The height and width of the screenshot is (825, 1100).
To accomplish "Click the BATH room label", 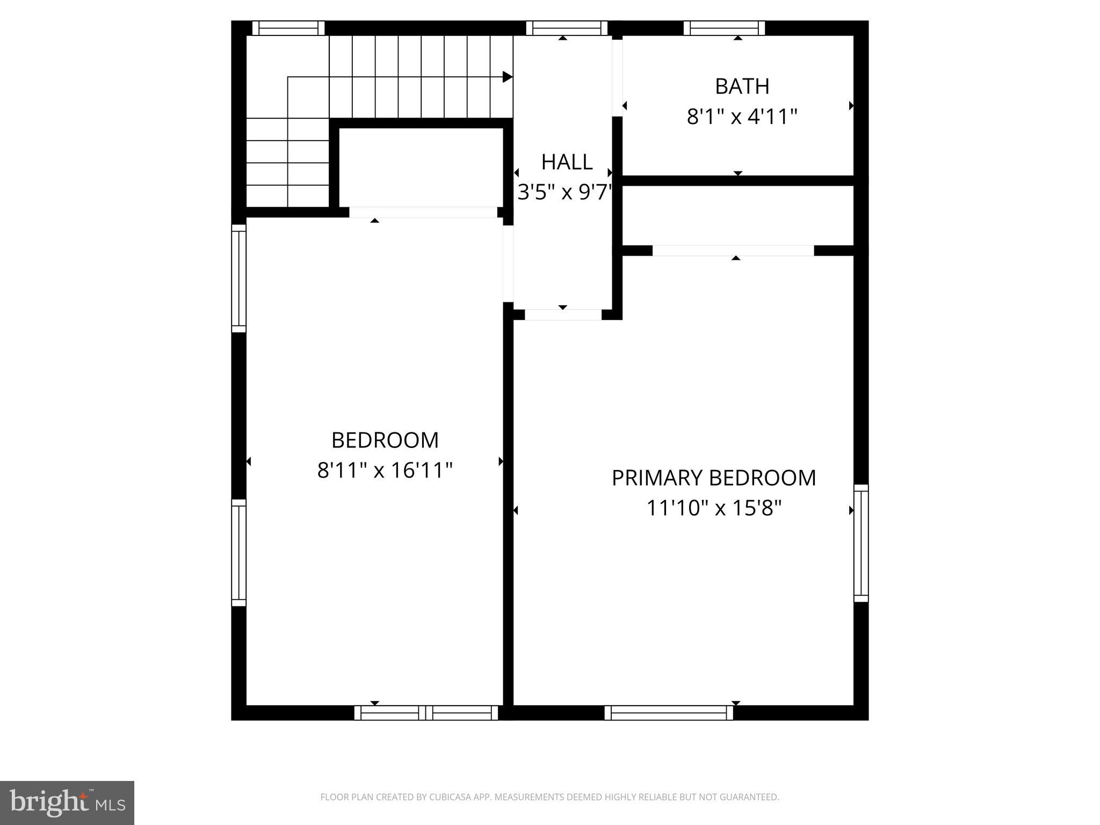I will click(742, 86).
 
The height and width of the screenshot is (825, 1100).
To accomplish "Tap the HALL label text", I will click(567, 162).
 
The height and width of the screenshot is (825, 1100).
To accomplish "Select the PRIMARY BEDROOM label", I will click(713, 478).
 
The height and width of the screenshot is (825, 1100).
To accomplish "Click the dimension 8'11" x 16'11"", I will click(385, 471).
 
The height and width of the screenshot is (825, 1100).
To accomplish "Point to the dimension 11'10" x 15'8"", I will click(713, 508).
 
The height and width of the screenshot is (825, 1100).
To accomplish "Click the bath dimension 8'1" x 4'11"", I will click(742, 117).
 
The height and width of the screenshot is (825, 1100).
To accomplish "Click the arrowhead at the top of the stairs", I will click(507, 77).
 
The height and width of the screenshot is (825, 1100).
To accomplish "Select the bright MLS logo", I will click(67, 802).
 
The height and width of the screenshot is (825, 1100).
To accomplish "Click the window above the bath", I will click(724, 28).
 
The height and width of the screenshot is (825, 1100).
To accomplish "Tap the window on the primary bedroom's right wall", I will click(861, 543).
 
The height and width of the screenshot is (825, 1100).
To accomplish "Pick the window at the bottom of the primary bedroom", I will click(669, 713).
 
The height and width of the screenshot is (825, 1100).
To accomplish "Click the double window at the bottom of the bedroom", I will click(426, 713).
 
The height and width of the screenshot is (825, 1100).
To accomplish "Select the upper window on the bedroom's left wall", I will click(238, 278).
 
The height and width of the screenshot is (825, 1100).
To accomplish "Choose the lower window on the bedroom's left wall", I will click(238, 553).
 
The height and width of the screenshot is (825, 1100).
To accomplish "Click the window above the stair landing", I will click(288, 28).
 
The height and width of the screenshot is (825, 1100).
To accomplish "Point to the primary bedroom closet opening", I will click(733, 250).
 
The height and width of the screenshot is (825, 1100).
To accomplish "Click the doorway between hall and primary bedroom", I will click(563, 315).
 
